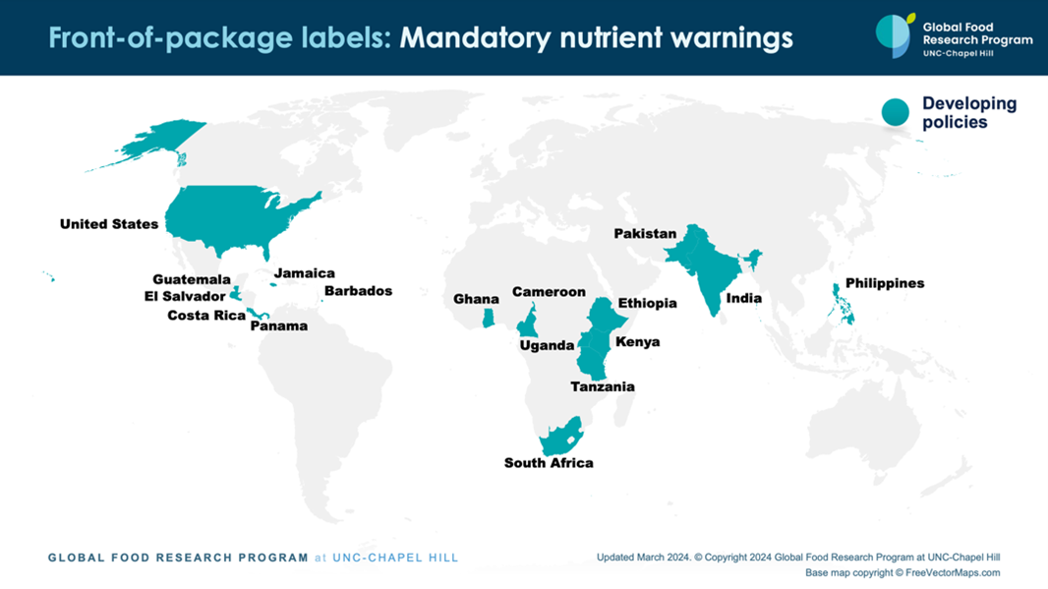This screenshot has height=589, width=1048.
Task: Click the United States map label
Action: tap(108, 224)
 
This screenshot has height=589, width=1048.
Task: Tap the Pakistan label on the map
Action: tap(645, 234)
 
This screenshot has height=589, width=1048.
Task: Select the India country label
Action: tap(743, 298)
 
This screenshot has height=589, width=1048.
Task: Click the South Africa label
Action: tap(549, 463)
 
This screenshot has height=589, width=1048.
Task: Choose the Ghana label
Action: tap(476, 299)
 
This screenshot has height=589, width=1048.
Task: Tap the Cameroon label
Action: tap(549, 292)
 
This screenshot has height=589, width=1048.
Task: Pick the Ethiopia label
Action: tap(647, 303)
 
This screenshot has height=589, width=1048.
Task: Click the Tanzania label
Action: tap(603, 386)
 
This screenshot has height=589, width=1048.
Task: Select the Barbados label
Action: tap(358, 291)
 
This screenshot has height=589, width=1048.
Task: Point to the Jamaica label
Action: tap(304, 273)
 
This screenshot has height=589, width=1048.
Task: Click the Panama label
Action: tap(278, 326)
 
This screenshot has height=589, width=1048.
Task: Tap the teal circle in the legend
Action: tap(895, 112)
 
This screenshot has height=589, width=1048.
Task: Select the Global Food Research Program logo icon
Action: tap(895, 36)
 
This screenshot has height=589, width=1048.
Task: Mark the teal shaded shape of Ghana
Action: tap(487, 318)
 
